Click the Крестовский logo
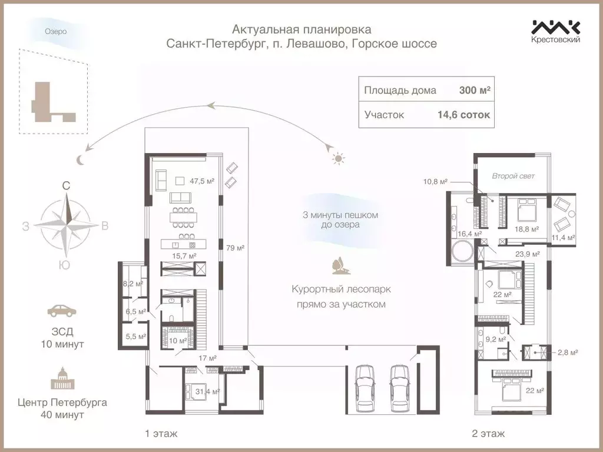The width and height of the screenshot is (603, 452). [x=556, y=31]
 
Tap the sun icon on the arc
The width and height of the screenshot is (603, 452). [x=337, y=158]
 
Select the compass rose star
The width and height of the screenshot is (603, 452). [x=67, y=225]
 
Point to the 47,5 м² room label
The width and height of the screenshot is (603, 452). [x=201, y=181]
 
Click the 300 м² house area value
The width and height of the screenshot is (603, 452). [x=475, y=91]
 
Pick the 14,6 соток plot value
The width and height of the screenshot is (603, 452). [x=463, y=115]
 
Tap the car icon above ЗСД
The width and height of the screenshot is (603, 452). [x=62, y=311]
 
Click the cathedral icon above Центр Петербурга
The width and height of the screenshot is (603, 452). [x=62, y=378]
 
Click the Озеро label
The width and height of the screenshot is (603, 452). [x=56, y=31]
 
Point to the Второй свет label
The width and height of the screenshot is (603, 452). [x=513, y=176]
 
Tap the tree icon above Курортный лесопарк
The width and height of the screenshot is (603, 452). [x=339, y=265]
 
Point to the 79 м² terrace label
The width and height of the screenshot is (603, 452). [x=235, y=248]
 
